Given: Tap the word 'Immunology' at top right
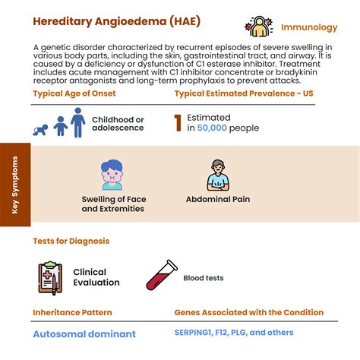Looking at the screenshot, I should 309,28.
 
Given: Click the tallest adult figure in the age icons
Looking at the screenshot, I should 77,122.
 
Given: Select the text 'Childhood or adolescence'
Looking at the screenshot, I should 118,124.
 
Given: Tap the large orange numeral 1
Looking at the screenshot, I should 178,124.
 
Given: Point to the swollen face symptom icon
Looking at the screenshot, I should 112,174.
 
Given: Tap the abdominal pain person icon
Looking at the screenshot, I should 217,175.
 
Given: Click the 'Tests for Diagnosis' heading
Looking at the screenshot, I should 71,241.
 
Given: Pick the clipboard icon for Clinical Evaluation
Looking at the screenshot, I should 49,277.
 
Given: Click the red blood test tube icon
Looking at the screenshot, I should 160,276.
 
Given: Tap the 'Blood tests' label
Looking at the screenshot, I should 204,278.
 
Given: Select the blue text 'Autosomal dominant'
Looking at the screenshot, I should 84,333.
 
